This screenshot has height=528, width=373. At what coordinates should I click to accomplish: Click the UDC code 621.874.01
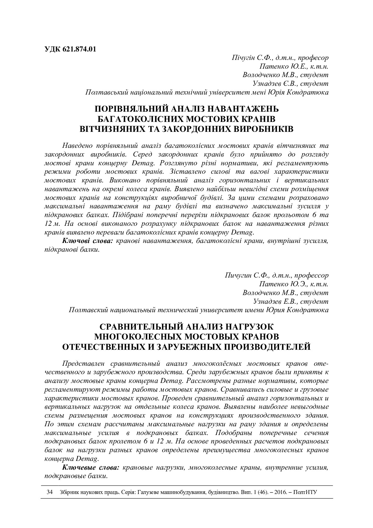tap(79, 49)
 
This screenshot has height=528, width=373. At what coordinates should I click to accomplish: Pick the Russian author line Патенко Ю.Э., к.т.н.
tap(294, 284)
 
